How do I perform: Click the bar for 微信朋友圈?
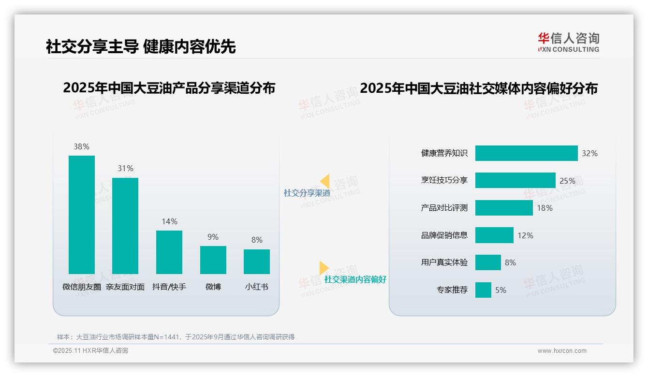pos(82,215)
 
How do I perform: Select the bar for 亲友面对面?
pos(125,226)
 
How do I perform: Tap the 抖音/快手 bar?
pos(169,252)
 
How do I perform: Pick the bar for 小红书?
pos(257,261)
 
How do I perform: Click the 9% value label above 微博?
pos(213,237)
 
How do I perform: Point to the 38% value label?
pos(81,146)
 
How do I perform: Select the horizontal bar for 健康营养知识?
pos(526,153)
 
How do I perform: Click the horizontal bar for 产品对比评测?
pos(504,208)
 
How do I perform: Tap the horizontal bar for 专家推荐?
pos(483,290)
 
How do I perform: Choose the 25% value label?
pos(567,181)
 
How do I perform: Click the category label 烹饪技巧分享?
pos(444,180)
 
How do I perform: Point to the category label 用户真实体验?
pos(444,262)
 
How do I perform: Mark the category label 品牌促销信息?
pos(444,235)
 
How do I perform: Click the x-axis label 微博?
pos(213,287)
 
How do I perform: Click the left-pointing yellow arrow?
pos(324,181)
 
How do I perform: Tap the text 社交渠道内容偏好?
pos(355,279)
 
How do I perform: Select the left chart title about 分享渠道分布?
pos(169,88)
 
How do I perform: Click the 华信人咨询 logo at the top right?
pos(568,42)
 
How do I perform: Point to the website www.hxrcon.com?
pos(561,351)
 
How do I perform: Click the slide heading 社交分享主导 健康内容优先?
pos(141,46)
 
